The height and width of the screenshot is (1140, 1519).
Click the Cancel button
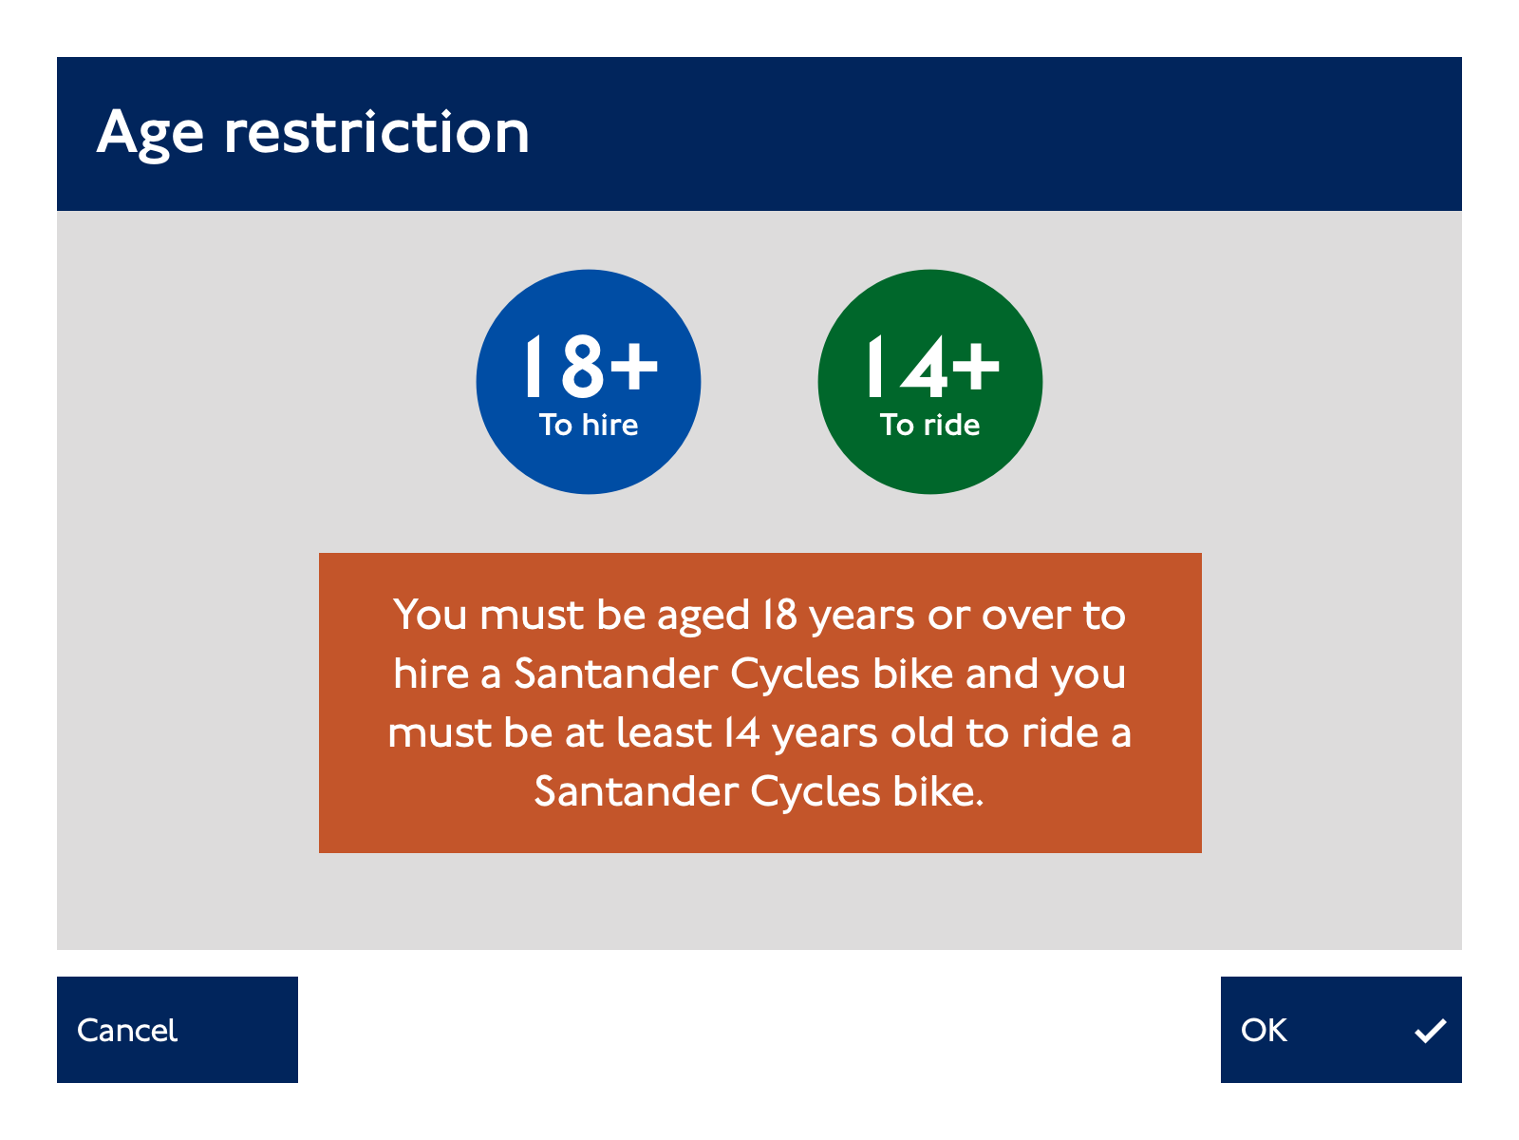point(178,1029)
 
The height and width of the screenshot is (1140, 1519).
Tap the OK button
point(1341,1029)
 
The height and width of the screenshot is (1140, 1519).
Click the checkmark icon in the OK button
point(1430,1030)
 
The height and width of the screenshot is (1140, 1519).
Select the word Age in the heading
point(150,134)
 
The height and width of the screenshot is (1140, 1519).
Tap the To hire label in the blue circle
point(589,425)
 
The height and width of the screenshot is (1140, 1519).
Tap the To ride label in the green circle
point(929,425)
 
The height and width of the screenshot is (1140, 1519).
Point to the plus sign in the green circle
point(975,366)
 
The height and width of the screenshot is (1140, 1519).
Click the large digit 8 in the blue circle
point(583,366)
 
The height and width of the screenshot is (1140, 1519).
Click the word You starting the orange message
point(430,615)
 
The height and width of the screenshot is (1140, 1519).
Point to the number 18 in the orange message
point(780,615)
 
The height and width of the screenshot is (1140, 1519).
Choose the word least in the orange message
point(664,732)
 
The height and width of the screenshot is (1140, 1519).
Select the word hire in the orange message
point(430,674)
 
